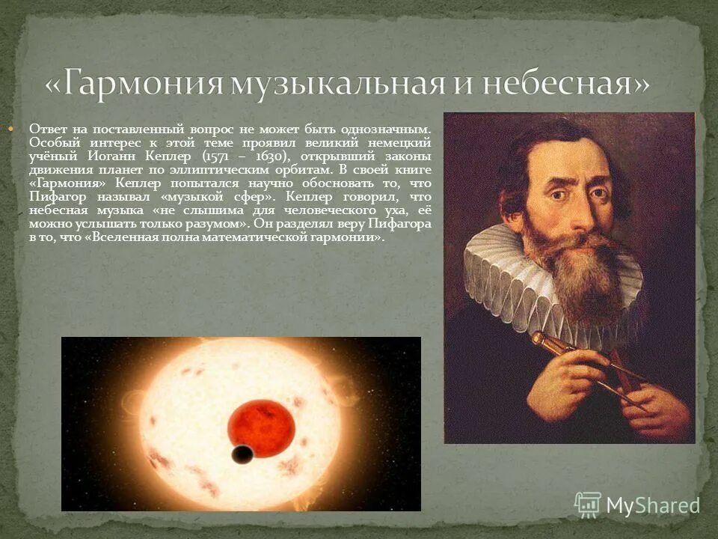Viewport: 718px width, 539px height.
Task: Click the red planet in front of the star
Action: (x=260, y=428)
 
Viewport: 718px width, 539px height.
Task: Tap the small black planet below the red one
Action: (x=242, y=454)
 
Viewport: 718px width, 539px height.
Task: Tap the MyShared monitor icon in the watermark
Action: (x=587, y=505)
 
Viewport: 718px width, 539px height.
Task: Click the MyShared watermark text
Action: (x=652, y=506)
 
